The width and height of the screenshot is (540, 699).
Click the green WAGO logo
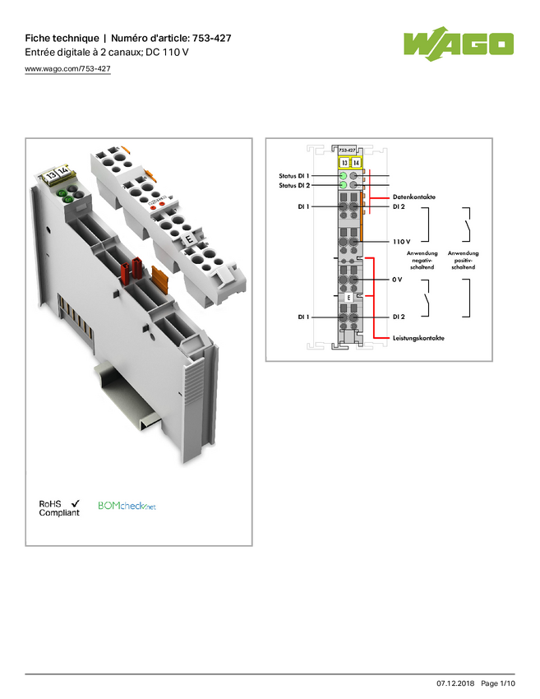[x=459, y=44]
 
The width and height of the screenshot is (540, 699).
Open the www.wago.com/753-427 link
[x=67, y=68]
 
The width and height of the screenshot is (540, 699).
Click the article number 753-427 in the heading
[x=211, y=39]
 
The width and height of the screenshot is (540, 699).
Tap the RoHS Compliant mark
[x=59, y=508]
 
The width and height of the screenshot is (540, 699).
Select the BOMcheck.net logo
[x=127, y=506]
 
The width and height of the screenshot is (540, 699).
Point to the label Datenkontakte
[x=414, y=197]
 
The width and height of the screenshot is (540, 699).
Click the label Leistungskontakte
[x=418, y=338]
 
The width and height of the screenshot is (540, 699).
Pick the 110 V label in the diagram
[x=401, y=242]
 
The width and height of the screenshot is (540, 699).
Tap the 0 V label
[x=398, y=280]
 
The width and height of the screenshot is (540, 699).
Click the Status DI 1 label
[x=294, y=176]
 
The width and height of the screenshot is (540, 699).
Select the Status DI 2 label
[x=294, y=186]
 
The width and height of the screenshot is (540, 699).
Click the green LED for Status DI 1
[x=343, y=176]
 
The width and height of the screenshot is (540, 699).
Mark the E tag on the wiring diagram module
[x=348, y=298]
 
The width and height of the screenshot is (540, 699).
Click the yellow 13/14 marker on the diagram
[x=350, y=163]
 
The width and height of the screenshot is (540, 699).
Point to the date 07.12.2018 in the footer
[x=455, y=683]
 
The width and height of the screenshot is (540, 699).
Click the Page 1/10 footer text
[x=498, y=683]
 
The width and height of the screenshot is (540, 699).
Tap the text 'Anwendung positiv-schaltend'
[x=464, y=260]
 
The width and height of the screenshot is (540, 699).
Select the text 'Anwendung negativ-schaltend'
[x=422, y=260]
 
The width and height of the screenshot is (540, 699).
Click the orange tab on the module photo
[x=160, y=279]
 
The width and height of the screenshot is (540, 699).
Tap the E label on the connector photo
[x=189, y=239]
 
